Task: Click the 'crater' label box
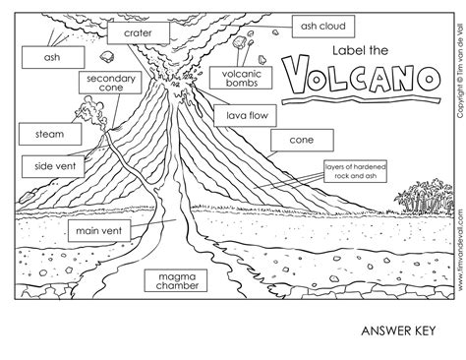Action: pos(145,32)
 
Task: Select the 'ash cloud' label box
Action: pos(321,25)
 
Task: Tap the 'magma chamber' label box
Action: pos(174,281)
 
